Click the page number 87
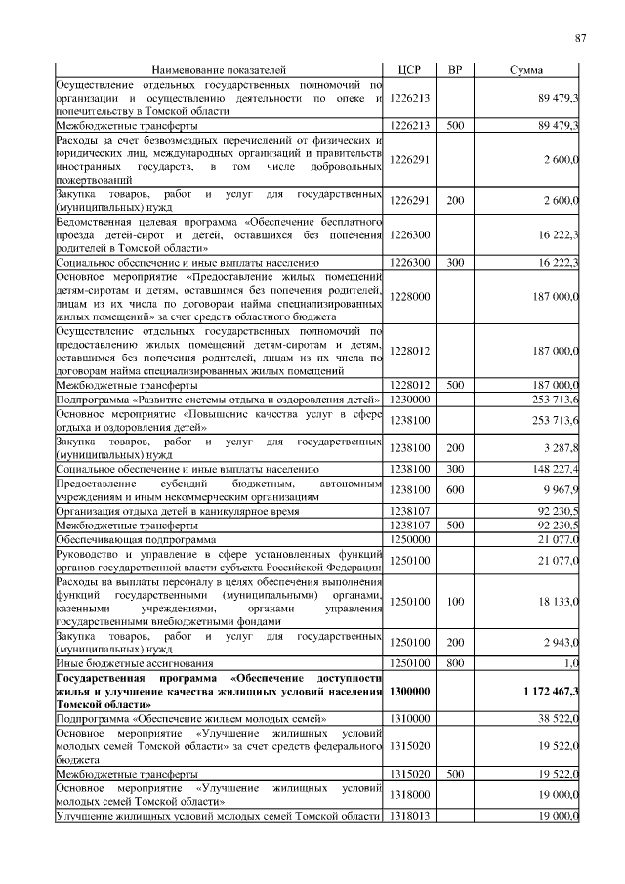[x=580, y=38]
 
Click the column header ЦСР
[x=409, y=71]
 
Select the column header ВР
[x=454, y=71]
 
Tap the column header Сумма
[x=527, y=71]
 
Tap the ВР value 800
[x=454, y=662]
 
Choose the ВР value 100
[x=454, y=603]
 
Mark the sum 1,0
[x=571, y=662]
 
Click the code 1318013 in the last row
[x=409, y=815]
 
